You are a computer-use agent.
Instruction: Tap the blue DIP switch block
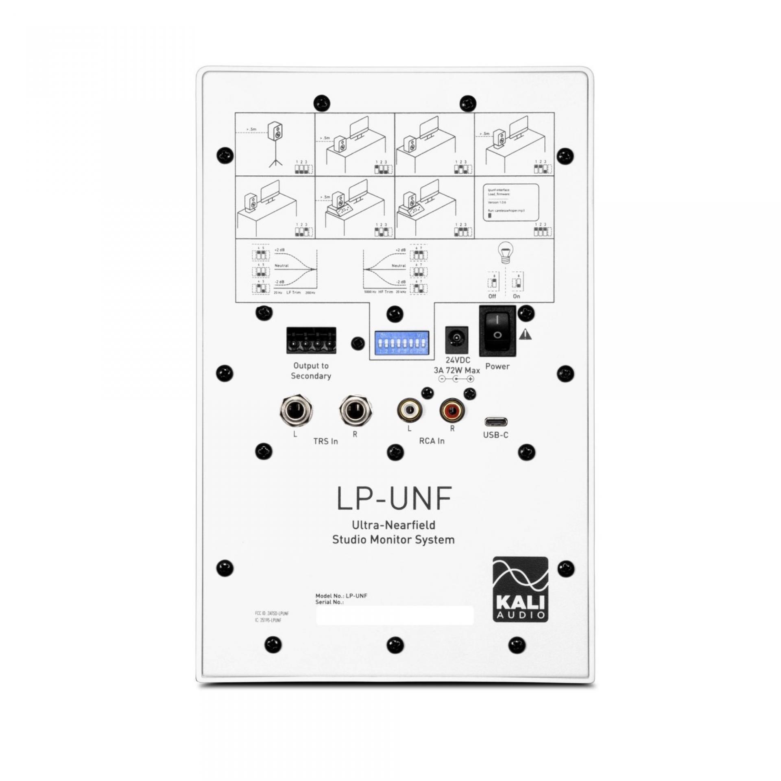[x=402, y=343]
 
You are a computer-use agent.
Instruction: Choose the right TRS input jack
[x=356, y=410]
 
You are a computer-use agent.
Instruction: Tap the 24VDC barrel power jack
[x=457, y=339]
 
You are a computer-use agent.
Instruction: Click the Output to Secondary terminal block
[x=311, y=340]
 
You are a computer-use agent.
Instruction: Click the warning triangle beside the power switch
[x=526, y=334]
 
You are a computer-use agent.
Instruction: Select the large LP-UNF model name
[x=394, y=498]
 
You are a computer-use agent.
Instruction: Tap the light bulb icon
[x=504, y=252]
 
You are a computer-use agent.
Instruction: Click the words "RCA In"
[x=432, y=441]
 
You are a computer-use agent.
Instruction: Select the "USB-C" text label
[x=495, y=435]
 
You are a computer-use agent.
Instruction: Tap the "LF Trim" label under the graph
[x=293, y=292]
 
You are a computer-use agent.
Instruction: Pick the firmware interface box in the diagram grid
[x=511, y=203]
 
